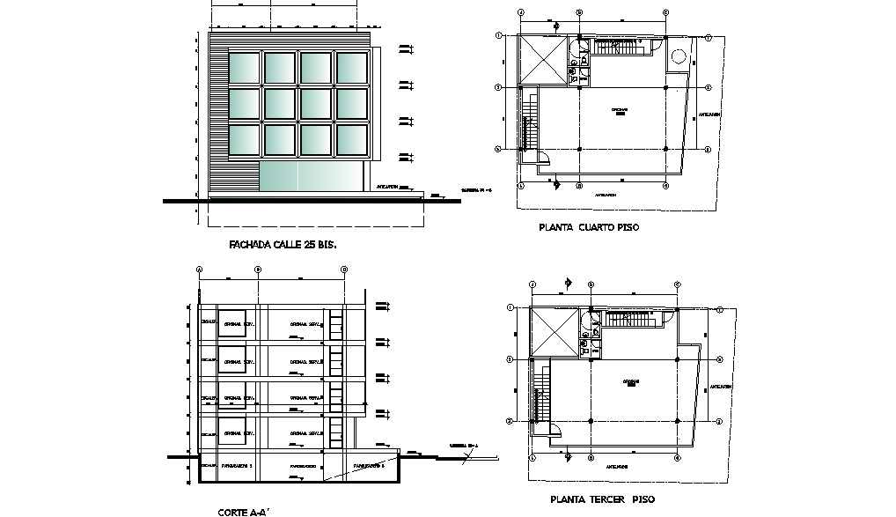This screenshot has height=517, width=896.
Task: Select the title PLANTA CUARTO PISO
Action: tap(589, 227)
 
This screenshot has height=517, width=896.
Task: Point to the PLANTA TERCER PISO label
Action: tap(602, 499)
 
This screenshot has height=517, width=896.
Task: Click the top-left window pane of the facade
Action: tap(244, 68)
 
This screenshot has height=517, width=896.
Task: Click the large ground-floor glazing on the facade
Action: tap(312, 175)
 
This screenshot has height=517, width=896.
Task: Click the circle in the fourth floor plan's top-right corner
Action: tap(679, 58)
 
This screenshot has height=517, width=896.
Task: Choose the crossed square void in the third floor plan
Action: tap(554, 332)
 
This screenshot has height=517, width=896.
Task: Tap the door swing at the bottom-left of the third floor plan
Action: tap(556, 430)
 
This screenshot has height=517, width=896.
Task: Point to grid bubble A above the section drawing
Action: tap(200, 270)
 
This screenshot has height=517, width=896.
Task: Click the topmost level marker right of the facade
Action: tap(405, 48)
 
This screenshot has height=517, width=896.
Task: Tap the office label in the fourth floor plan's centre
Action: tap(620, 111)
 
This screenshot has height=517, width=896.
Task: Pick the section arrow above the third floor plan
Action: tap(569, 283)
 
